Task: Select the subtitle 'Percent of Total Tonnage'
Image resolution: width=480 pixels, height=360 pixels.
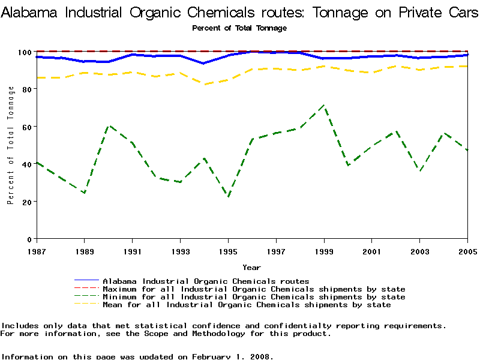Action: coord(239,28)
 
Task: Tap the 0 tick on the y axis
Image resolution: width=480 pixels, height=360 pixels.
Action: coord(30,239)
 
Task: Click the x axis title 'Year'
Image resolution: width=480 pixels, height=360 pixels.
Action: coord(251,268)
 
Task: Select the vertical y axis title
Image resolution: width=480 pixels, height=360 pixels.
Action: coord(11,145)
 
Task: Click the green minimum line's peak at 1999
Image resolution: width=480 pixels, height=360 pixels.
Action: coord(324,106)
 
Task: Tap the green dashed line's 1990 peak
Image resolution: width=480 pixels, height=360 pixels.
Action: coord(108,125)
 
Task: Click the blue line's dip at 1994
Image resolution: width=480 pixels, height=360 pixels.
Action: coord(204,63)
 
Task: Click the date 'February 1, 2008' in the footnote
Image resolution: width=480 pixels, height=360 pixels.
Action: coord(230,356)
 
